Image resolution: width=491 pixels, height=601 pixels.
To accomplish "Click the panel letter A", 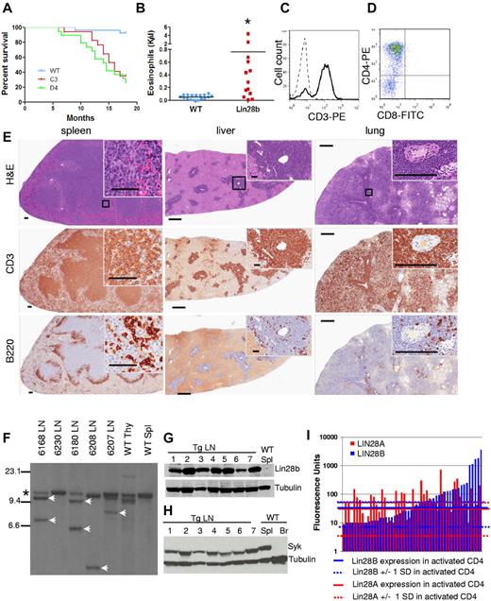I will (x=7, y=8).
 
